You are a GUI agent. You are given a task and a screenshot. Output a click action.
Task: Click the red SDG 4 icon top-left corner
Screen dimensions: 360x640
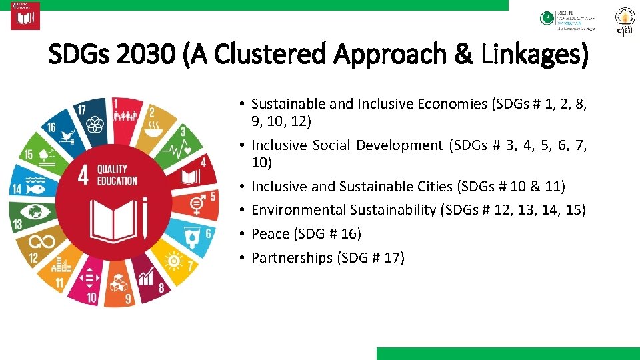point(25,16)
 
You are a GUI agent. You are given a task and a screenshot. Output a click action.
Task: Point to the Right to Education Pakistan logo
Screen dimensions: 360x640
point(568,20)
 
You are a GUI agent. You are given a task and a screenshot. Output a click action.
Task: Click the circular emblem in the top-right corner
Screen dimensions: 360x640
point(625,21)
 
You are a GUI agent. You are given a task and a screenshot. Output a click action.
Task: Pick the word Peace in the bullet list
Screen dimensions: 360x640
point(270,234)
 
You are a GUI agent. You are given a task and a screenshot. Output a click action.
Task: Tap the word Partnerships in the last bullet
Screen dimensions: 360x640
point(292,257)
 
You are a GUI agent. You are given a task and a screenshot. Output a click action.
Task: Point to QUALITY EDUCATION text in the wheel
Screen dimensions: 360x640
point(117,175)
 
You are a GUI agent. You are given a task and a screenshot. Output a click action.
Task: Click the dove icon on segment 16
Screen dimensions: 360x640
point(65,137)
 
